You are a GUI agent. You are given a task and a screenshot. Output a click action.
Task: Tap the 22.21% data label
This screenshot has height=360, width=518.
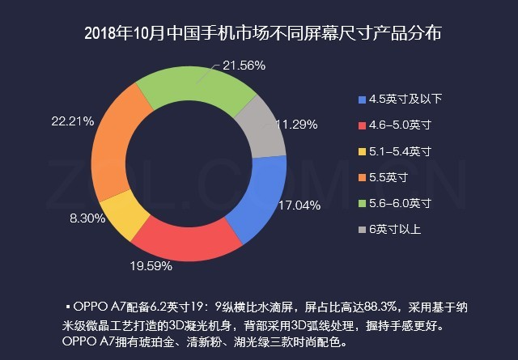(73, 121)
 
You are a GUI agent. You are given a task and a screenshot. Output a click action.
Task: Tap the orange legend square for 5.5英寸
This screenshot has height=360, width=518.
(362, 177)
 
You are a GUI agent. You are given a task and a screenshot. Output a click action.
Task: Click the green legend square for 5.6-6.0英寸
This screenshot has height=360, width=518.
(362, 203)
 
